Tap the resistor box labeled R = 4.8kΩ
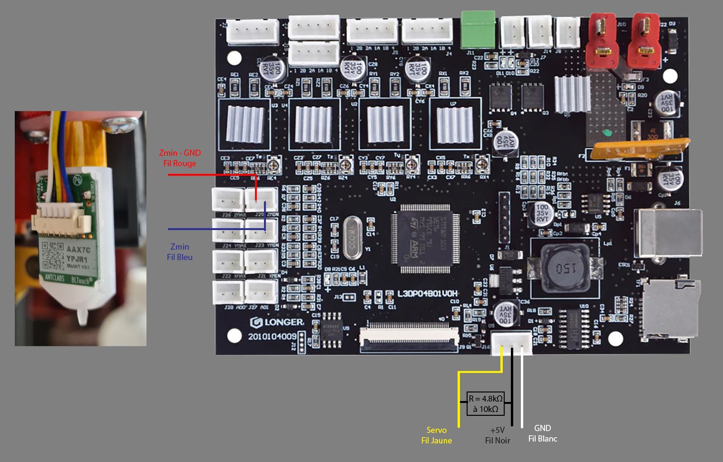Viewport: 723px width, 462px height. (485, 403)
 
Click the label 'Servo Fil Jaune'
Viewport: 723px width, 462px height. (436, 435)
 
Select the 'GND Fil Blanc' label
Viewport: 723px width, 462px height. (542, 433)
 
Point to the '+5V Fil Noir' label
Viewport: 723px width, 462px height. (498, 435)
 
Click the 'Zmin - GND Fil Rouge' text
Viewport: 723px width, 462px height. (180, 158)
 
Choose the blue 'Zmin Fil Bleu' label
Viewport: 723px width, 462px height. (180, 252)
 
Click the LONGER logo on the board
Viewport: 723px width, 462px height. (277, 322)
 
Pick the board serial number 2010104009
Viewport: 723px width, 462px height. (272, 336)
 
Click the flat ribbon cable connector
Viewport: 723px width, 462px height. (409, 338)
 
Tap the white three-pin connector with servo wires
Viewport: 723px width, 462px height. (511, 342)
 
